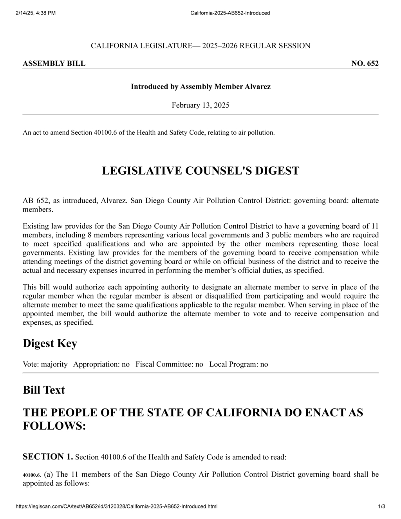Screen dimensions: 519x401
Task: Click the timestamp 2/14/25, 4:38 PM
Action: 36,13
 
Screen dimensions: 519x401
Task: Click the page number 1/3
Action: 382,506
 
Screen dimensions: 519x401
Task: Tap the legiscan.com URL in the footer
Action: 116,506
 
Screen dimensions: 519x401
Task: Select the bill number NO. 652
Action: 365,63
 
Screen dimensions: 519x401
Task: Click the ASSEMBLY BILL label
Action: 54,63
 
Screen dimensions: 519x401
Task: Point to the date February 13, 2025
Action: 200,105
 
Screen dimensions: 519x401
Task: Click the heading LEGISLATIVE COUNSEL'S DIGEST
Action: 200,171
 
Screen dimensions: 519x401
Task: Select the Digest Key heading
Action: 50,343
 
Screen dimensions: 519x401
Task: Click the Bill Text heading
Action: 43,390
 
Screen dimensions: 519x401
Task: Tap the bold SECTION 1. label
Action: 48,457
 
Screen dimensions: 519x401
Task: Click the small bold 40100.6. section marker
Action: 32,475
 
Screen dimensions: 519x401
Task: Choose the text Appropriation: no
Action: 101,364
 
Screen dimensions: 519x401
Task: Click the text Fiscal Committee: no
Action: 169,364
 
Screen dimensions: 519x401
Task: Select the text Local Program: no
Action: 238,364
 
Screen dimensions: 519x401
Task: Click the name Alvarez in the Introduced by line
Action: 257,87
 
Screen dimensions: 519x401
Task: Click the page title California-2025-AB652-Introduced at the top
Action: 230,13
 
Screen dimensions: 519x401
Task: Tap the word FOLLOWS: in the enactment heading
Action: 54,426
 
